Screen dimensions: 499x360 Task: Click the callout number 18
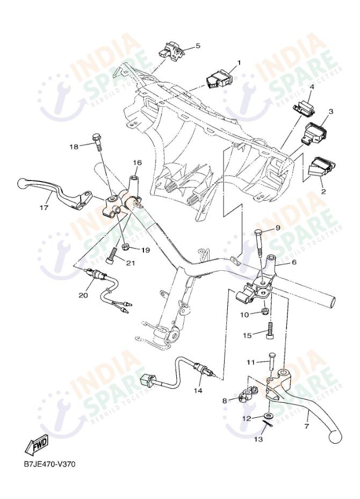coord(74,146)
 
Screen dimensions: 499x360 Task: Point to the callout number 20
coord(83,295)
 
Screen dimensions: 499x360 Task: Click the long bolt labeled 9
coord(260,245)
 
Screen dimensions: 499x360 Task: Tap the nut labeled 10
coord(265,312)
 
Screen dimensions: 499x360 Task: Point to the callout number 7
coord(307,426)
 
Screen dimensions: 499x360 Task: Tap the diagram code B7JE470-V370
coord(49,464)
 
